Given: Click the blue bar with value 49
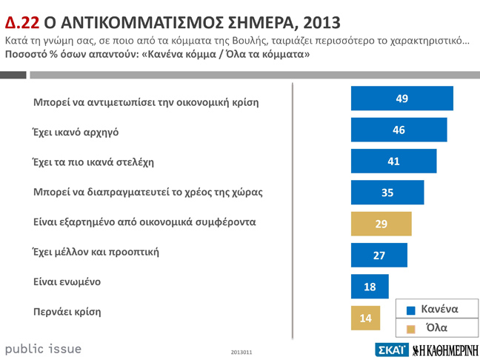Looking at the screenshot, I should tap(401, 99).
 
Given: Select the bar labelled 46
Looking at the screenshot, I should tap(399, 130).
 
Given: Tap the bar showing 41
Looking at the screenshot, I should tap(393, 161).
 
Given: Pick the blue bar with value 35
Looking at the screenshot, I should tap(387, 193).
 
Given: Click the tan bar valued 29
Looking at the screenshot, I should tap(381, 224).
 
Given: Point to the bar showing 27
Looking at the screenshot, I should tap(379, 255).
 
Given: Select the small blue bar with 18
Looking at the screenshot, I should tap(370, 286).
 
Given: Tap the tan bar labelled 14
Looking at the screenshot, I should tap(364, 317).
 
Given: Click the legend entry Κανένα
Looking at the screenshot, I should tap(433, 309).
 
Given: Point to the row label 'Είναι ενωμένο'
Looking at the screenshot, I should tap(67, 281).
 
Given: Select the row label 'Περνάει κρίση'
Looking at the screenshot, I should tap(67, 312).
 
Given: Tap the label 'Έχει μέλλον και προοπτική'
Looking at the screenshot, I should tap(96, 251).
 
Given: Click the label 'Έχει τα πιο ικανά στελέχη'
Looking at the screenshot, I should tap(93, 161).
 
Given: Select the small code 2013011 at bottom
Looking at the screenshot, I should tap(241, 353).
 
